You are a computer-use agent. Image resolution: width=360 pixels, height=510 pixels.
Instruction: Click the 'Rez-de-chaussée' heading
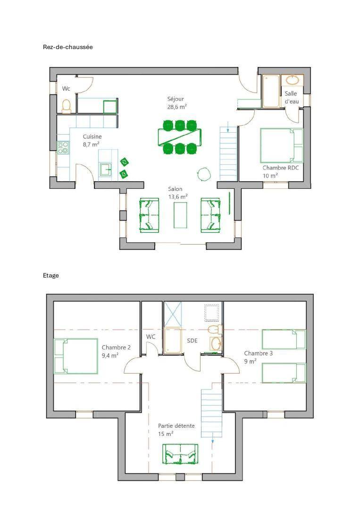pyautogui.click(x=68, y=47)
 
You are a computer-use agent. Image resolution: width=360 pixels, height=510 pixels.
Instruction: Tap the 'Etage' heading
pyautogui.click(x=50, y=275)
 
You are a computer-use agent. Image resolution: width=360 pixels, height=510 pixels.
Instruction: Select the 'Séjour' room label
pyautogui.click(x=176, y=99)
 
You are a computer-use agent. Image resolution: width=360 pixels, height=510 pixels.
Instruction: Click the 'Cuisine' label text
pyautogui.click(x=92, y=136)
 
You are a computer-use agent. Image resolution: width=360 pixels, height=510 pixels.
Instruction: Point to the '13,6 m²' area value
pyautogui.click(x=178, y=196)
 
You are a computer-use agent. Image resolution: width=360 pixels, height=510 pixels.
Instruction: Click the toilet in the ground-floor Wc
pyautogui.click(x=66, y=106)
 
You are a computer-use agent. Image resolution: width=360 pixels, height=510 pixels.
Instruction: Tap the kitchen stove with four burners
pyautogui.click(x=63, y=147)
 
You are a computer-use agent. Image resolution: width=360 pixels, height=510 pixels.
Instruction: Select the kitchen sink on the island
pyautogui.click(x=105, y=169)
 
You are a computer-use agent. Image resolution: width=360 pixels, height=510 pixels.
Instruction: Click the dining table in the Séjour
pyautogui.click(x=180, y=137)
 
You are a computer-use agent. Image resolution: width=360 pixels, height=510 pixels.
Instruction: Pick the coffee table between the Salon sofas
pyautogui.click(x=180, y=215)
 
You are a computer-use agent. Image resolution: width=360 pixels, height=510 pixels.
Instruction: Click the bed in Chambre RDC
pyautogui.click(x=281, y=145)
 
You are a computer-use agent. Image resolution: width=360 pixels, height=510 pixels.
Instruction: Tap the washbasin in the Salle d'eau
pyautogui.click(x=293, y=80)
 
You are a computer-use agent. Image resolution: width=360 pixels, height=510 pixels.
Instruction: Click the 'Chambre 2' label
pyautogui.click(x=116, y=348)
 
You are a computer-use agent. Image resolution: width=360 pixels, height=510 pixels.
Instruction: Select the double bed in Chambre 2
pyautogui.click(x=75, y=356)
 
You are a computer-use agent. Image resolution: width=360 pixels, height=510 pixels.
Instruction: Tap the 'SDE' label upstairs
pyautogui.click(x=192, y=340)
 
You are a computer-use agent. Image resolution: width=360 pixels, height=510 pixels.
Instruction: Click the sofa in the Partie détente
pyautogui.click(x=180, y=454)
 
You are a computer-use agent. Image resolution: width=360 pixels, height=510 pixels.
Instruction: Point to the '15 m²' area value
pyautogui.click(x=166, y=434)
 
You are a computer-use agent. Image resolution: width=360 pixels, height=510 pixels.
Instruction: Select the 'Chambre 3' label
pyautogui.click(x=258, y=353)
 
